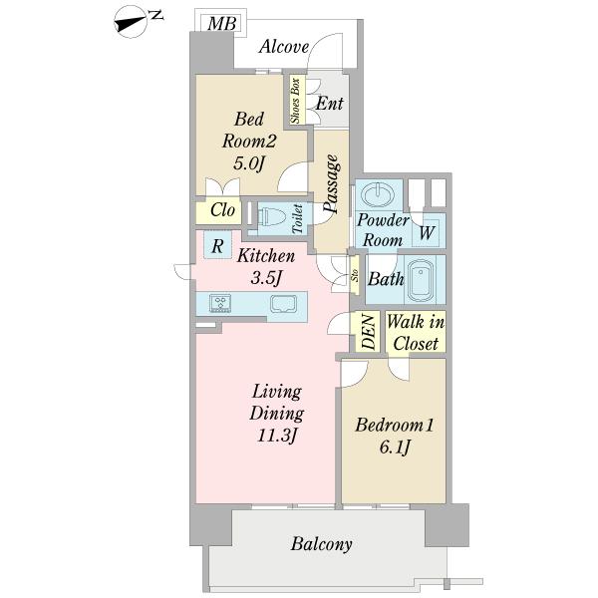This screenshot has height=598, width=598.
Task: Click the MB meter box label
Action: [x=221, y=24]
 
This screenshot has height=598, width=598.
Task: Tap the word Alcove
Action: [x=284, y=47]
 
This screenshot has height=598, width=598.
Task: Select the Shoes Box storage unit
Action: [x=297, y=100]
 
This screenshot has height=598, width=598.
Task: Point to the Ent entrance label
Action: [x=330, y=103]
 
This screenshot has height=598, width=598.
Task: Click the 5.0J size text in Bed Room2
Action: [x=248, y=164]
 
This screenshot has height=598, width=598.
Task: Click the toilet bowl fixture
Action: [x=272, y=217]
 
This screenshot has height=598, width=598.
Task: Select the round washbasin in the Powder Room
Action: [x=378, y=195]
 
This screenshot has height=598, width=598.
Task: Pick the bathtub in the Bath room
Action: [x=421, y=279]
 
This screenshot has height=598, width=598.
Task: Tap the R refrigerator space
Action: [x=217, y=245]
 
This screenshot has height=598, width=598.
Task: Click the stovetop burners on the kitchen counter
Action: [x=220, y=304]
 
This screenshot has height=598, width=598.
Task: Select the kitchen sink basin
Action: [x=283, y=304]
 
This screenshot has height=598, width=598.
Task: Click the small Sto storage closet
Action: [x=355, y=275]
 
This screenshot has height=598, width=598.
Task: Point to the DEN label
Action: [x=369, y=332]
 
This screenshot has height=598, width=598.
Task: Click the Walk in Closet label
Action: [x=416, y=332]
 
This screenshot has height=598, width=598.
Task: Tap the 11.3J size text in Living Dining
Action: [x=277, y=436]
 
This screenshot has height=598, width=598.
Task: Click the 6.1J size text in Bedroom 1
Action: [x=395, y=447]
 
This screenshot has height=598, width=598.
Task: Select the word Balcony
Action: [x=321, y=544]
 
